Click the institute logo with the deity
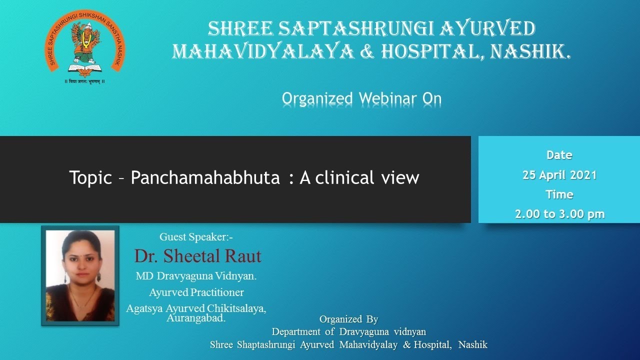(84, 45)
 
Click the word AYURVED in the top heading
(487, 29)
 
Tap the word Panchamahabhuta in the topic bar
(205, 177)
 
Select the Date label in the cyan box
(559, 155)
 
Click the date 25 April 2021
(559, 175)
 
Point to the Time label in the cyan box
(559, 194)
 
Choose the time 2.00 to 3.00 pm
(559, 214)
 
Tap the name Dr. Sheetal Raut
(197, 256)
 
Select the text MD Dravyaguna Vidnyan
(196, 275)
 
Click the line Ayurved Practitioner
(196, 292)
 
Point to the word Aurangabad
(196, 318)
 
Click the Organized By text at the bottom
(348, 319)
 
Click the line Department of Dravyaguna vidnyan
(348, 331)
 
